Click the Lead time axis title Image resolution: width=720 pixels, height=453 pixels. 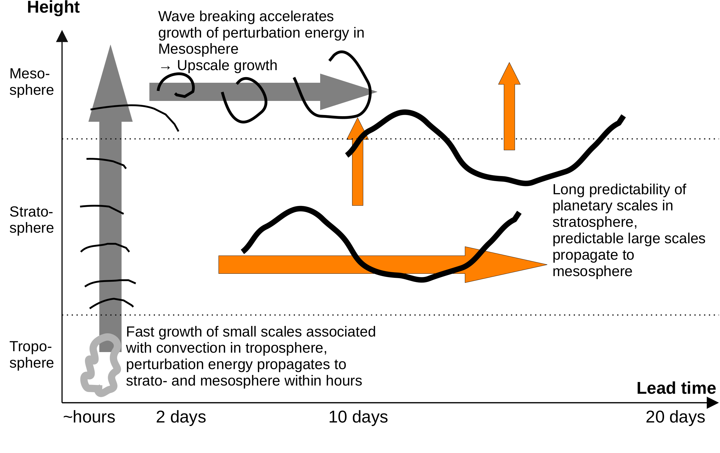(x=676, y=388)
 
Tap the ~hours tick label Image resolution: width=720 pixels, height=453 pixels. (x=89, y=417)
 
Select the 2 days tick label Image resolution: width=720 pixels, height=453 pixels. (x=181, y=417)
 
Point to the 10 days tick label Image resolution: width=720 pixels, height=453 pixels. (x=358, y=417)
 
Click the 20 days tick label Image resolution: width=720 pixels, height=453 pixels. (x=675, y=417)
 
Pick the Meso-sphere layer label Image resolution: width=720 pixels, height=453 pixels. (x=31, y=82)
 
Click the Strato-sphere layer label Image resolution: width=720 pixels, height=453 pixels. (x=31, y=220)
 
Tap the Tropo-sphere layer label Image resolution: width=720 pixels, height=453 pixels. (x=31, y=354)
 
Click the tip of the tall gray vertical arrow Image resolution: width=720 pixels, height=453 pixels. (x=111, y=48)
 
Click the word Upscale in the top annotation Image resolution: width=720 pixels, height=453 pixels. (x=204, y=65)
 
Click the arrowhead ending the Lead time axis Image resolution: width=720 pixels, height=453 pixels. (x=713, y=403)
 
